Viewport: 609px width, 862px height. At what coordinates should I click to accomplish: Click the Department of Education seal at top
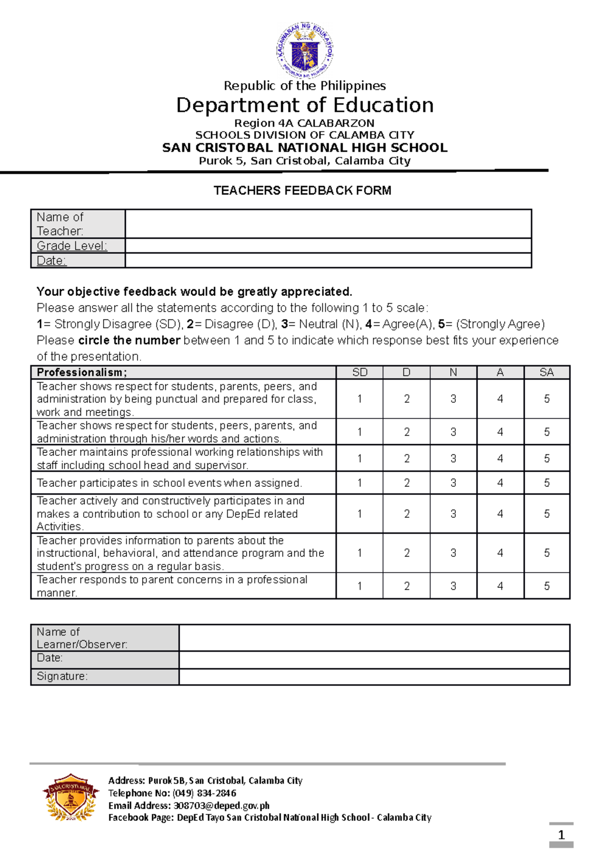(304, 50)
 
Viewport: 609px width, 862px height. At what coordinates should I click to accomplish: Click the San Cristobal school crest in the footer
(70, 797)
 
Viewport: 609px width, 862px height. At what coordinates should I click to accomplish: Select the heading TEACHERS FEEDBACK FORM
(302, 191)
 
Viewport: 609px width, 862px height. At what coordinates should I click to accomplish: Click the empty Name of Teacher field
(328, 224)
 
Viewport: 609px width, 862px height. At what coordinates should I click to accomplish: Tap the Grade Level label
(72, 246)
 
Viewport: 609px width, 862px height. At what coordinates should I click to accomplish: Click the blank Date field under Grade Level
(328, 261)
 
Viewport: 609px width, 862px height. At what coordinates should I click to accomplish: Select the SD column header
(359, 373)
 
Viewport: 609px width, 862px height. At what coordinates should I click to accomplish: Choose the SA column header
(547, 373)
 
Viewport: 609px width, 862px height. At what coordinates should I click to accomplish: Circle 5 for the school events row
(547, 483)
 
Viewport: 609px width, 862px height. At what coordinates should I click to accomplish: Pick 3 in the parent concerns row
(453, 586)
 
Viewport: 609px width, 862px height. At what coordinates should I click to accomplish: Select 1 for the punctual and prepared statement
(359, 399)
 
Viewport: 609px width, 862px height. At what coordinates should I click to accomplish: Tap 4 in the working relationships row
(500, 459)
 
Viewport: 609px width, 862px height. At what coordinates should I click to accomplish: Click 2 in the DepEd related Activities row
(407, 514)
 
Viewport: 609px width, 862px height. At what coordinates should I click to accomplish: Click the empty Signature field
(374, 677)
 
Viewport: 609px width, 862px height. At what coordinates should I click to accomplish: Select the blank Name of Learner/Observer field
(374, 638)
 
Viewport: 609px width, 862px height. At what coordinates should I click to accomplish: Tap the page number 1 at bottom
(561, 835)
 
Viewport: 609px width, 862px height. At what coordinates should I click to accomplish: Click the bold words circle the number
(129, 341)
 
